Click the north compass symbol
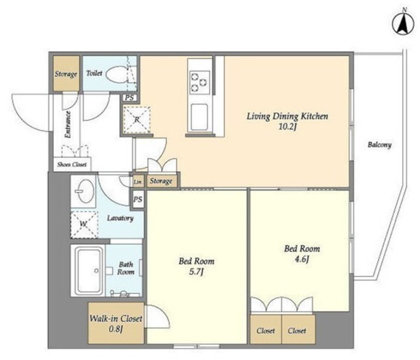tap(403, 25)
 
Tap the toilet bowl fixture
tap(117, 74)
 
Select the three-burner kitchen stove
tap(199, 82)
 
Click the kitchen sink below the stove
tap(199, 117)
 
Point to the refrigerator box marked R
tap(136, 120)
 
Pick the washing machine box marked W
tap(84, 224)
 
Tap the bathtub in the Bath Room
tap(89, 270)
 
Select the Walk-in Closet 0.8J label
tap(115, 323)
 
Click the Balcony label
tap(379, 145)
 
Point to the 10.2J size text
tap(287, 127)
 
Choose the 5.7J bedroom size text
tap(196, 272)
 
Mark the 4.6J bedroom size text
tap(302, 259)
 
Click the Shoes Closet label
tap(72, 165)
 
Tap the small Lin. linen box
tap(138, 182)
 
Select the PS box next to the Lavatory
tap(138, 199)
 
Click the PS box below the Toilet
tap(129, 98)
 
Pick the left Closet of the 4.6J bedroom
tap(266, 330)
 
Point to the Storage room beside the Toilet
tap(66, 73)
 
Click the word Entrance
tap(68, 125)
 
